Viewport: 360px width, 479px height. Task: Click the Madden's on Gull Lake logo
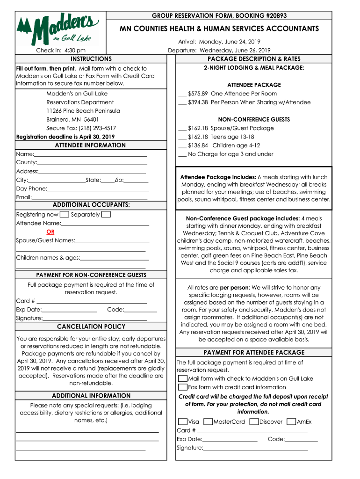pyautogui.click(x=58, y=27)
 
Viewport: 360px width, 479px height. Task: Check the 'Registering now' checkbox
pyautogui.click(x=65, y=215)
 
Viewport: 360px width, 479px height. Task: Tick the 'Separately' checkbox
pyautogui.click(x=106, y=215)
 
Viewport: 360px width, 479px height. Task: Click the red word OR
pyautogui.click(x=50, y=232)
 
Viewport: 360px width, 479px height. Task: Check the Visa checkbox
pyautogui.click(x=182, y=422)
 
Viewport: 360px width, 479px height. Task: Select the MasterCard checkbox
pyautogui.click(x=209, y=422)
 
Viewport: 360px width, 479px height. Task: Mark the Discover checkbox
pyautogui.click(x=254, y=422)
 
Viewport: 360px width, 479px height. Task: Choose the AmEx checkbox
pyautogui.click(x=291, y=422)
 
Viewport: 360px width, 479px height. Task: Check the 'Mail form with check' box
pyautogui.click(x=182, y=378)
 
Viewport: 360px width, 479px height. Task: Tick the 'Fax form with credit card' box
pyautogui.click(x=182, y=387)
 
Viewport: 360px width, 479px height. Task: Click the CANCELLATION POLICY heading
pyautogui.click(x=91, y=327)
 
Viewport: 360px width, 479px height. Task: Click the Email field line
pyautogui.click(x=89, y=198)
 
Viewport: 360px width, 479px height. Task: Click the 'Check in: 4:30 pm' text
pyautogui.click(x=61, y=51)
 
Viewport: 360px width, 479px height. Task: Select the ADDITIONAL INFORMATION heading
pyautogui.click(x=91, y=396)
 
